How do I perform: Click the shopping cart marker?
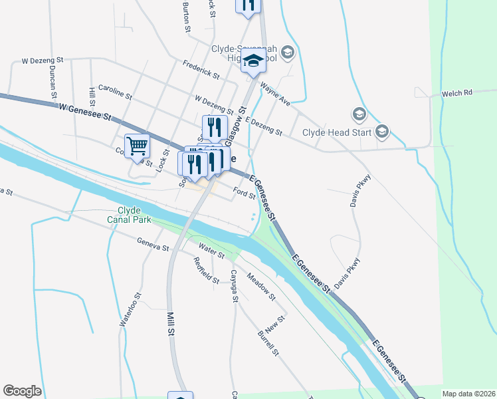(x=137, y=146)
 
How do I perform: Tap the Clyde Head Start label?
(x=336, y=132)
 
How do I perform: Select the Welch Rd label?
(x=456, y=94)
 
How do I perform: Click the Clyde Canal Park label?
(x=130, y=214)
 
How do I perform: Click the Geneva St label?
(x=153, y=245)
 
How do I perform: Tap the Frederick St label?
(x=201, y=69)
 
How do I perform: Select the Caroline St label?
(x=116, y=91)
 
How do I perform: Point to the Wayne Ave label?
(x=275, y=94)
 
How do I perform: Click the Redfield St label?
(x=207, y=271)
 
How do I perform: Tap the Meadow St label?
(x=260, y=285)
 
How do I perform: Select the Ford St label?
(x=244, y=194)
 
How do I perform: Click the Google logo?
(x=22, y=391)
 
